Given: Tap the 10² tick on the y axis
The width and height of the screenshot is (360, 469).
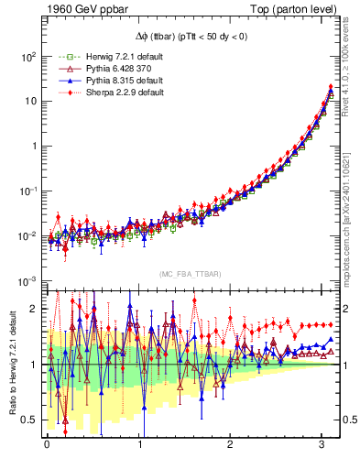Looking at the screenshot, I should click(27, 57).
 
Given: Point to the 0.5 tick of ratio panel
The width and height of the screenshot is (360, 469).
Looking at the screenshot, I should click(29, 420).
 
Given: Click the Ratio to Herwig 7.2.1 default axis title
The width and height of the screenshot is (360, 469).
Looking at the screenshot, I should click(12, 364).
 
